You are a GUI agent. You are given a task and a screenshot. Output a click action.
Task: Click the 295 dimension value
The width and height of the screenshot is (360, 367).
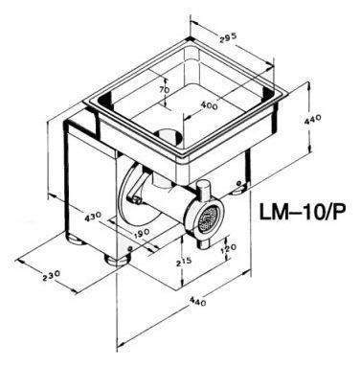[228, 37]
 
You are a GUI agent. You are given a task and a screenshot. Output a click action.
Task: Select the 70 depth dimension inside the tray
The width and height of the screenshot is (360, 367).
[165, 90]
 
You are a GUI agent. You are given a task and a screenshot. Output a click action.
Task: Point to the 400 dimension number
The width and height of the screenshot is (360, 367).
[210, 104]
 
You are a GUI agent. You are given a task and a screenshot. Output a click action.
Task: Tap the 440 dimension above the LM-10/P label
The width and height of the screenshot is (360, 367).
[312, 120]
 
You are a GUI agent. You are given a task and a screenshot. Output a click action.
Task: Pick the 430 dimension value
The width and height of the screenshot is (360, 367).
[93, 217]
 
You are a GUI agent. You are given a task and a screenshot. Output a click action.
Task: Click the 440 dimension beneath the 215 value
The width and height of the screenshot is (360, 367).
[198, 301]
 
